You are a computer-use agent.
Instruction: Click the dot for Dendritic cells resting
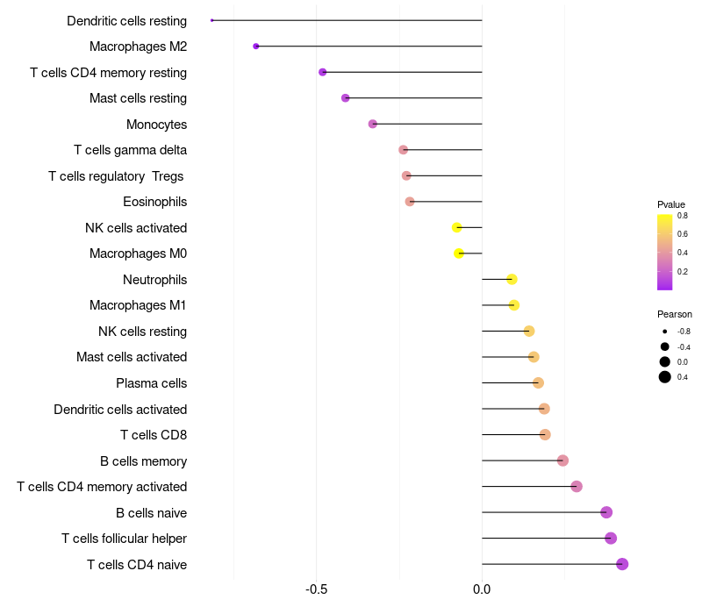[212, 20]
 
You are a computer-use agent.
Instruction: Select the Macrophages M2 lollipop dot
[256, 46]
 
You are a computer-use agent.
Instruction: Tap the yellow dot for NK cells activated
[457, 227]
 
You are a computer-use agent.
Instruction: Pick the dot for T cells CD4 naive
[622, 564]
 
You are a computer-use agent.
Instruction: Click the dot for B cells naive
[606, 512]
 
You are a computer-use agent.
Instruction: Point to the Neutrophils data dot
[512, 279]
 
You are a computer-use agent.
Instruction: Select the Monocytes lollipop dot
[373, 124]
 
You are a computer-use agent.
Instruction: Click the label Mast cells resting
[138, 98]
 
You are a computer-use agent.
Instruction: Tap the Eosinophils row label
[154, 202]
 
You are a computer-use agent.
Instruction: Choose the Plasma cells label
[151, 383]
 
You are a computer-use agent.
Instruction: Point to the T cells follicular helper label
[124, 539]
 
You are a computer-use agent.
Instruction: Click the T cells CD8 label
[153, 435]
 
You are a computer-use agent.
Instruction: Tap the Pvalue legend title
[670, 204]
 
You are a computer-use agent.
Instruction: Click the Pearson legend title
[674, 314]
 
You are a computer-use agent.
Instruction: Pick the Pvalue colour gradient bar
[665, 252]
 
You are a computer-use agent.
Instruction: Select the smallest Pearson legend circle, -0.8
[665, 332]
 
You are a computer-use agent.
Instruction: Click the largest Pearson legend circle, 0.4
[665, 377]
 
